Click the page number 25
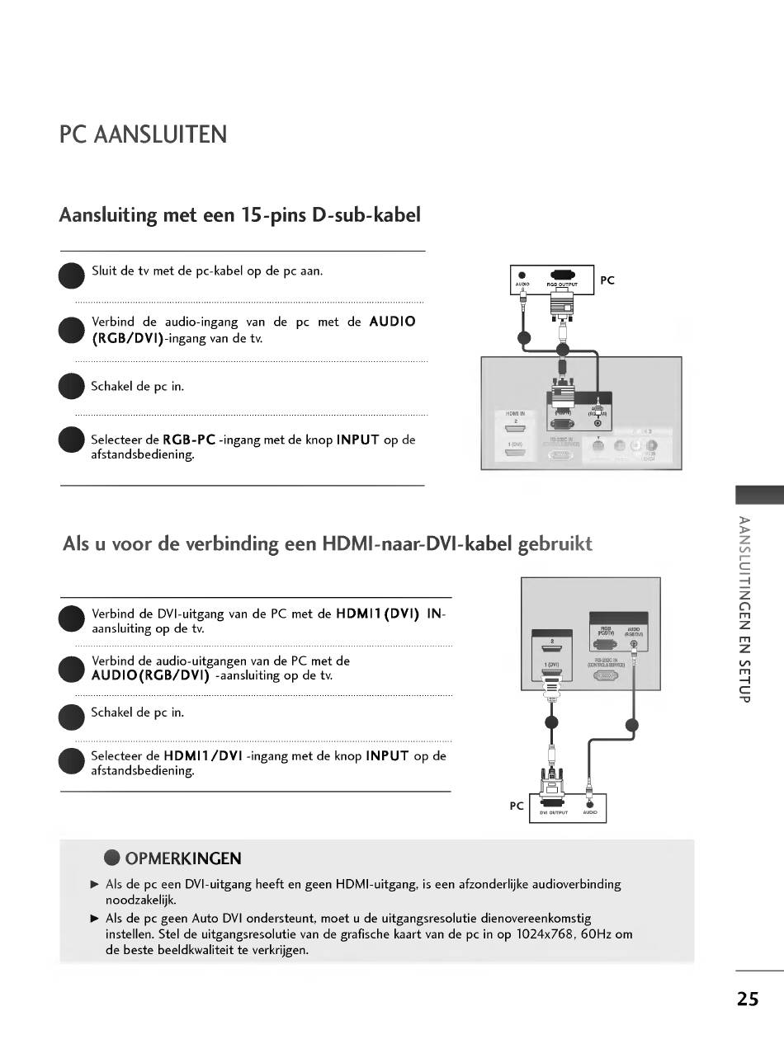coord(748,999)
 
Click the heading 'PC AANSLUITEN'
coord(143,134)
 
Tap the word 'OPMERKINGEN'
coord(183,858)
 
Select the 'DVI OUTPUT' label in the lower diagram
coord(553,812)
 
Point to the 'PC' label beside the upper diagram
coord(607,280)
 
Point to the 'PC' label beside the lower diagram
coord(517,806)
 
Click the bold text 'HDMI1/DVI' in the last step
coord(202,755)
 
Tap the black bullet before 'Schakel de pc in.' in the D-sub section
coord(72,387)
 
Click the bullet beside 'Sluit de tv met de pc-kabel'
coord(72,275)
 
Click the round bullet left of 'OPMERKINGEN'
coord(112,858)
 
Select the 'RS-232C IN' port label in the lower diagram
coord(604,661)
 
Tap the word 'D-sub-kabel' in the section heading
coord(370,215)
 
